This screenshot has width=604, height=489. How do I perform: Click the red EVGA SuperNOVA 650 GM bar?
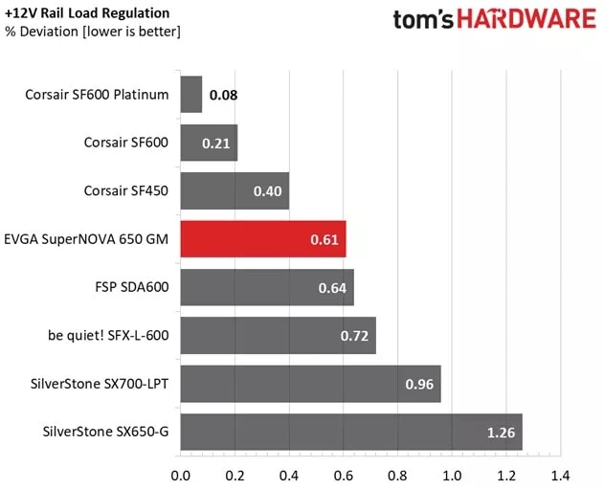262,239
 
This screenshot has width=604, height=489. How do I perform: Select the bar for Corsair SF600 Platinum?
190,95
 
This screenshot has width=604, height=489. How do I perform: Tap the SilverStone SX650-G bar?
350,433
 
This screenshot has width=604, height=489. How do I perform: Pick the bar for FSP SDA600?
266,287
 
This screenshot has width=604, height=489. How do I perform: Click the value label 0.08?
224,96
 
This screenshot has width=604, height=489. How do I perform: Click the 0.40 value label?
268,191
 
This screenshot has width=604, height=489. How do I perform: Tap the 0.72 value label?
355,336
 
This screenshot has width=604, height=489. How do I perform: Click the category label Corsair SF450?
126,191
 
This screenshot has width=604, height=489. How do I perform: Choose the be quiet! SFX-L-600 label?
108,336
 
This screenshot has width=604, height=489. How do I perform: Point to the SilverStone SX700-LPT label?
100,385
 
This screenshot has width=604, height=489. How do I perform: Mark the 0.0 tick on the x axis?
180,475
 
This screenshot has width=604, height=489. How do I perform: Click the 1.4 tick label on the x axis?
560,475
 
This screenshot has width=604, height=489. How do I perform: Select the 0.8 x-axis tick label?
397,475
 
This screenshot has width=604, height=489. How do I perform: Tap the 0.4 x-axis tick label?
288,475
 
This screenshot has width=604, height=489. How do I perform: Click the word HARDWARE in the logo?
525,20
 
